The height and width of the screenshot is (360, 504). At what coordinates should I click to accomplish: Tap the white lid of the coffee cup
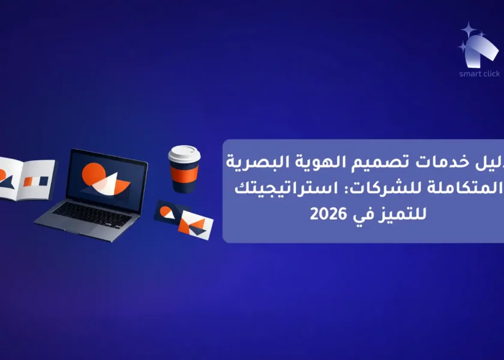184,154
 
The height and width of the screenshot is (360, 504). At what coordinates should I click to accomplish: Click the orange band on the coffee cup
184,173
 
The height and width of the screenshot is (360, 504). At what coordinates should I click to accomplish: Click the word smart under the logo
470,74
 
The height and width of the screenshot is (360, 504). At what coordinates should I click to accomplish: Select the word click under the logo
491,74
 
